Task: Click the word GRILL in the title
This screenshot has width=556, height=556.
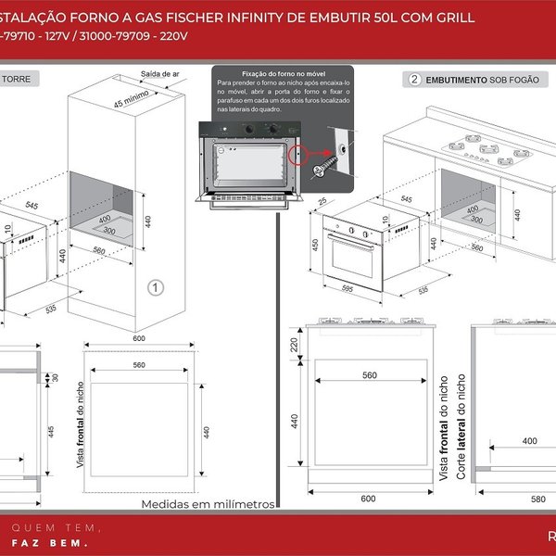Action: [x=453, y=18]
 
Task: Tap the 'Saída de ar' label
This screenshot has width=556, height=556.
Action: [x=158, y=72]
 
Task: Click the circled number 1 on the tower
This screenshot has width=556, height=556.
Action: [x=157, y=287]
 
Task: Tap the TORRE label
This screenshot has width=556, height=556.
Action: [x=16, y=81]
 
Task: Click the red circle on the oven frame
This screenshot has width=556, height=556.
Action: [x=298, y=154]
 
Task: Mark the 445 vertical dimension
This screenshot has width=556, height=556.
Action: [x=50, y=431]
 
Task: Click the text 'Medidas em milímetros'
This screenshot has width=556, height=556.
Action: [x=208, y=504]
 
